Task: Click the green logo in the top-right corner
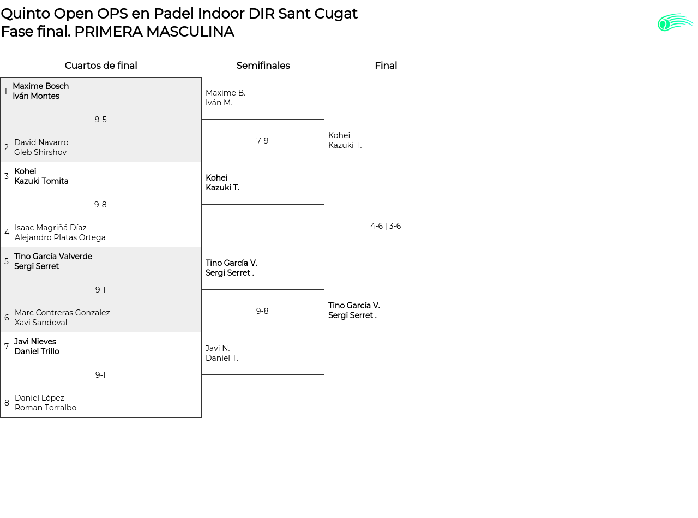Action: (x=675, y=22)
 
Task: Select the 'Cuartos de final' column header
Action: (x=101, y=66)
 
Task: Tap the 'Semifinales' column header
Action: (x=263, y=66)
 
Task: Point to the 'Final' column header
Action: (x=386, y=66)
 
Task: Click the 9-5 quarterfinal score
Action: (x=101, y=120)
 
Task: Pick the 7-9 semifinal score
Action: (x=262, y=141)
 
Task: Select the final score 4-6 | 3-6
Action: (x=386, y=226)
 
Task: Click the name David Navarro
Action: (x=41, y=142)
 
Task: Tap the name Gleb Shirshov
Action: (x=40, y=152)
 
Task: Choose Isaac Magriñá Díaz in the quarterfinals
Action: (x=51, y=228)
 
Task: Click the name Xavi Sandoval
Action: (x=41, y=323)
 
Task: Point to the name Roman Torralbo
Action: (x=46, y=408)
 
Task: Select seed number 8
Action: (x=7, y=403)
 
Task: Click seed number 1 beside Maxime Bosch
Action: (x=6, y=91)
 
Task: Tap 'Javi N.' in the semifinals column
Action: (x=218, y=348)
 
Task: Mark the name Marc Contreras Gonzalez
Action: (x=62, y=313)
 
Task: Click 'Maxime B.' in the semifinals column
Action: (x=225, y=93)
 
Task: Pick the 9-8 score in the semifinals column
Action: (x=262, y=311)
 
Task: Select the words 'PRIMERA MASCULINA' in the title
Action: (x=154, y=32)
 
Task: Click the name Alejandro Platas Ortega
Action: (x=60, y=237)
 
